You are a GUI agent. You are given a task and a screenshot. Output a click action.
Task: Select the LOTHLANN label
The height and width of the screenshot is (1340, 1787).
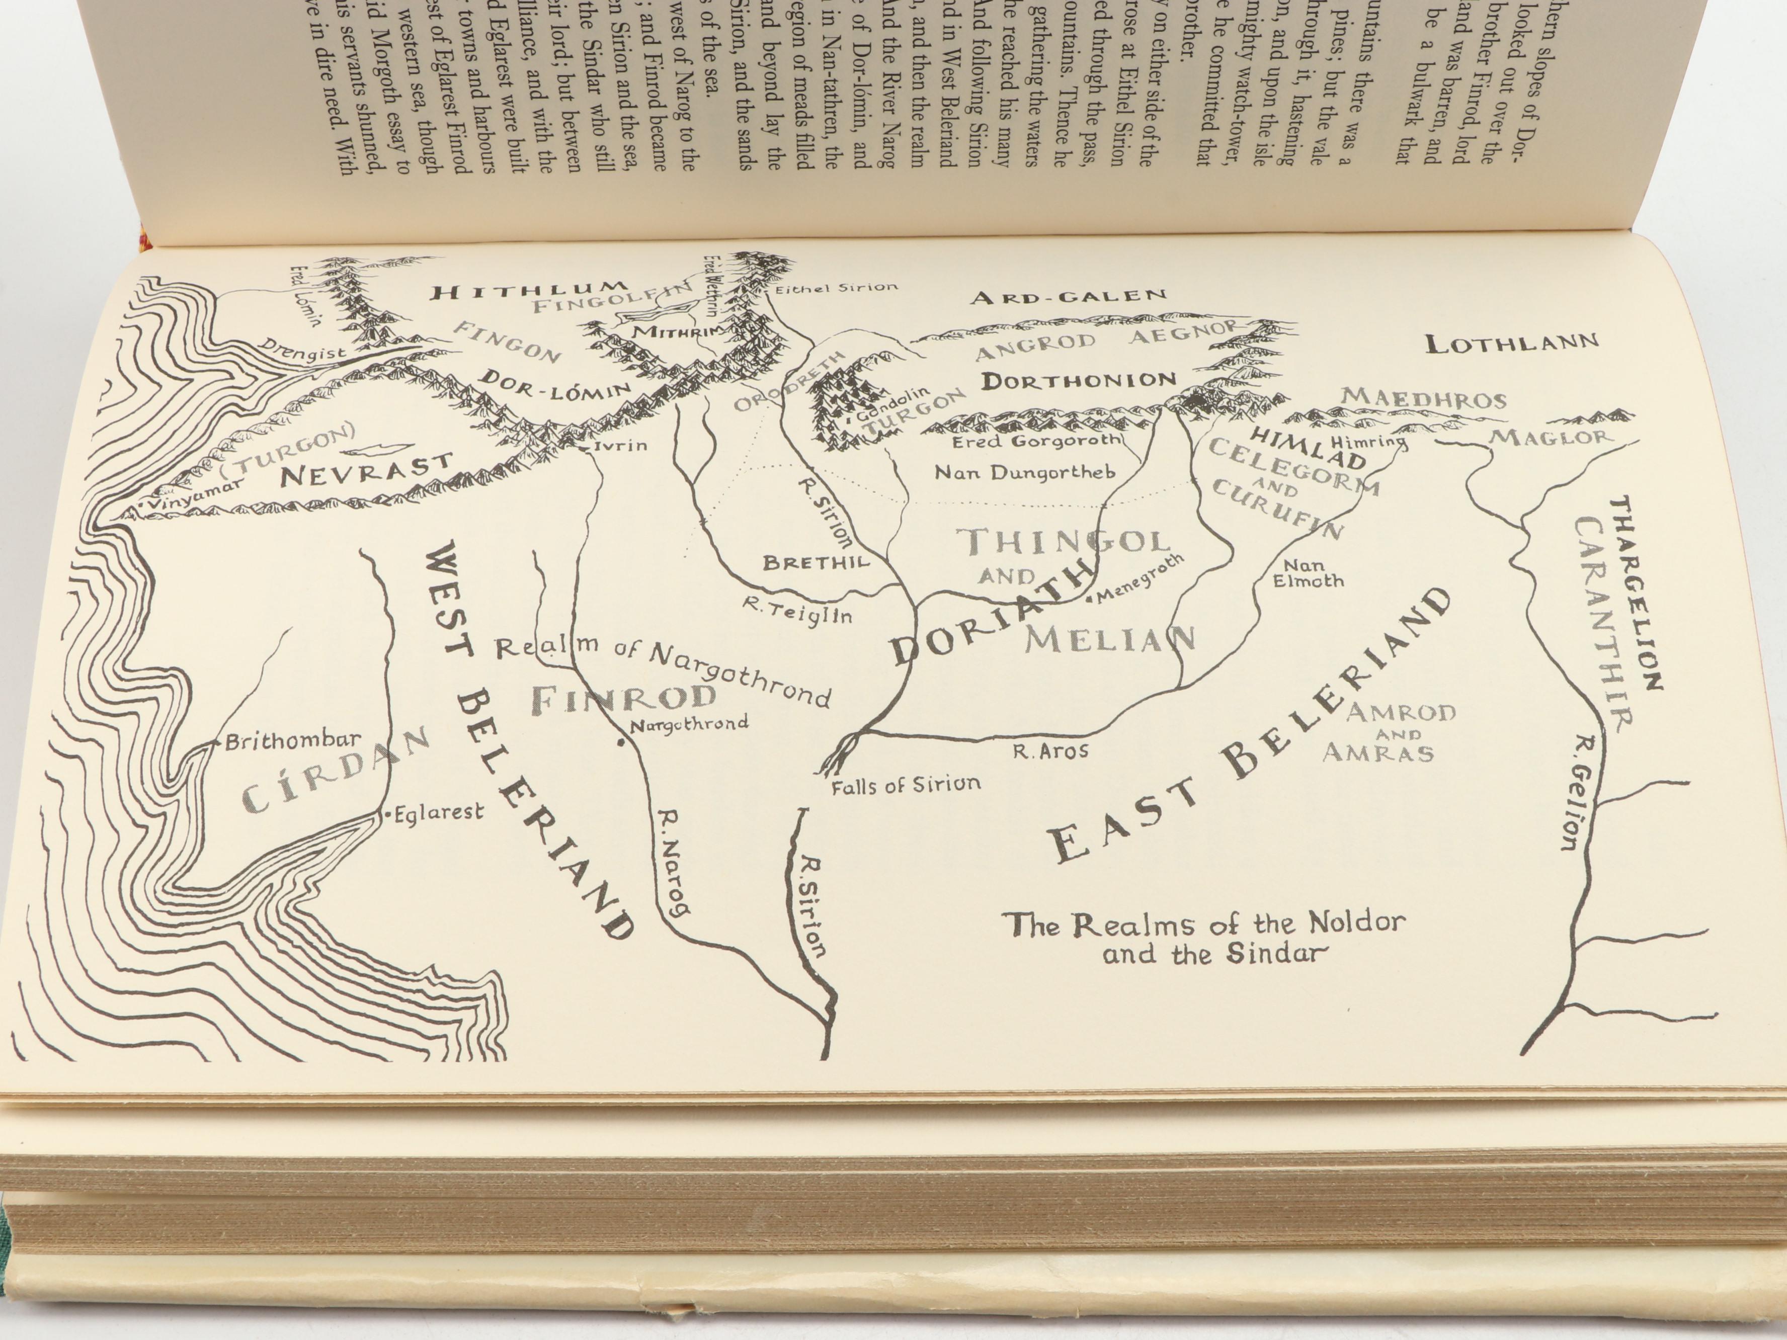(1511, 343)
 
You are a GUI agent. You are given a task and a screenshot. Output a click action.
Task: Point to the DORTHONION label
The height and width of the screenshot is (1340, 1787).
(1079, 380)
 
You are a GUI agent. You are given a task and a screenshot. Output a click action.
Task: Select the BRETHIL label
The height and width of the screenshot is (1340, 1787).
(816, 562)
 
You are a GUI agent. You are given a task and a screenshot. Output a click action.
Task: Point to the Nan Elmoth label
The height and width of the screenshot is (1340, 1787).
(1308, 573)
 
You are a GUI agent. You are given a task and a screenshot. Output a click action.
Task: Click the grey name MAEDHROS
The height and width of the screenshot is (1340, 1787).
(1423, 399)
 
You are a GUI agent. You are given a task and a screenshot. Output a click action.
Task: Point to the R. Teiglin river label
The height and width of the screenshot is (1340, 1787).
(796, 612)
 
